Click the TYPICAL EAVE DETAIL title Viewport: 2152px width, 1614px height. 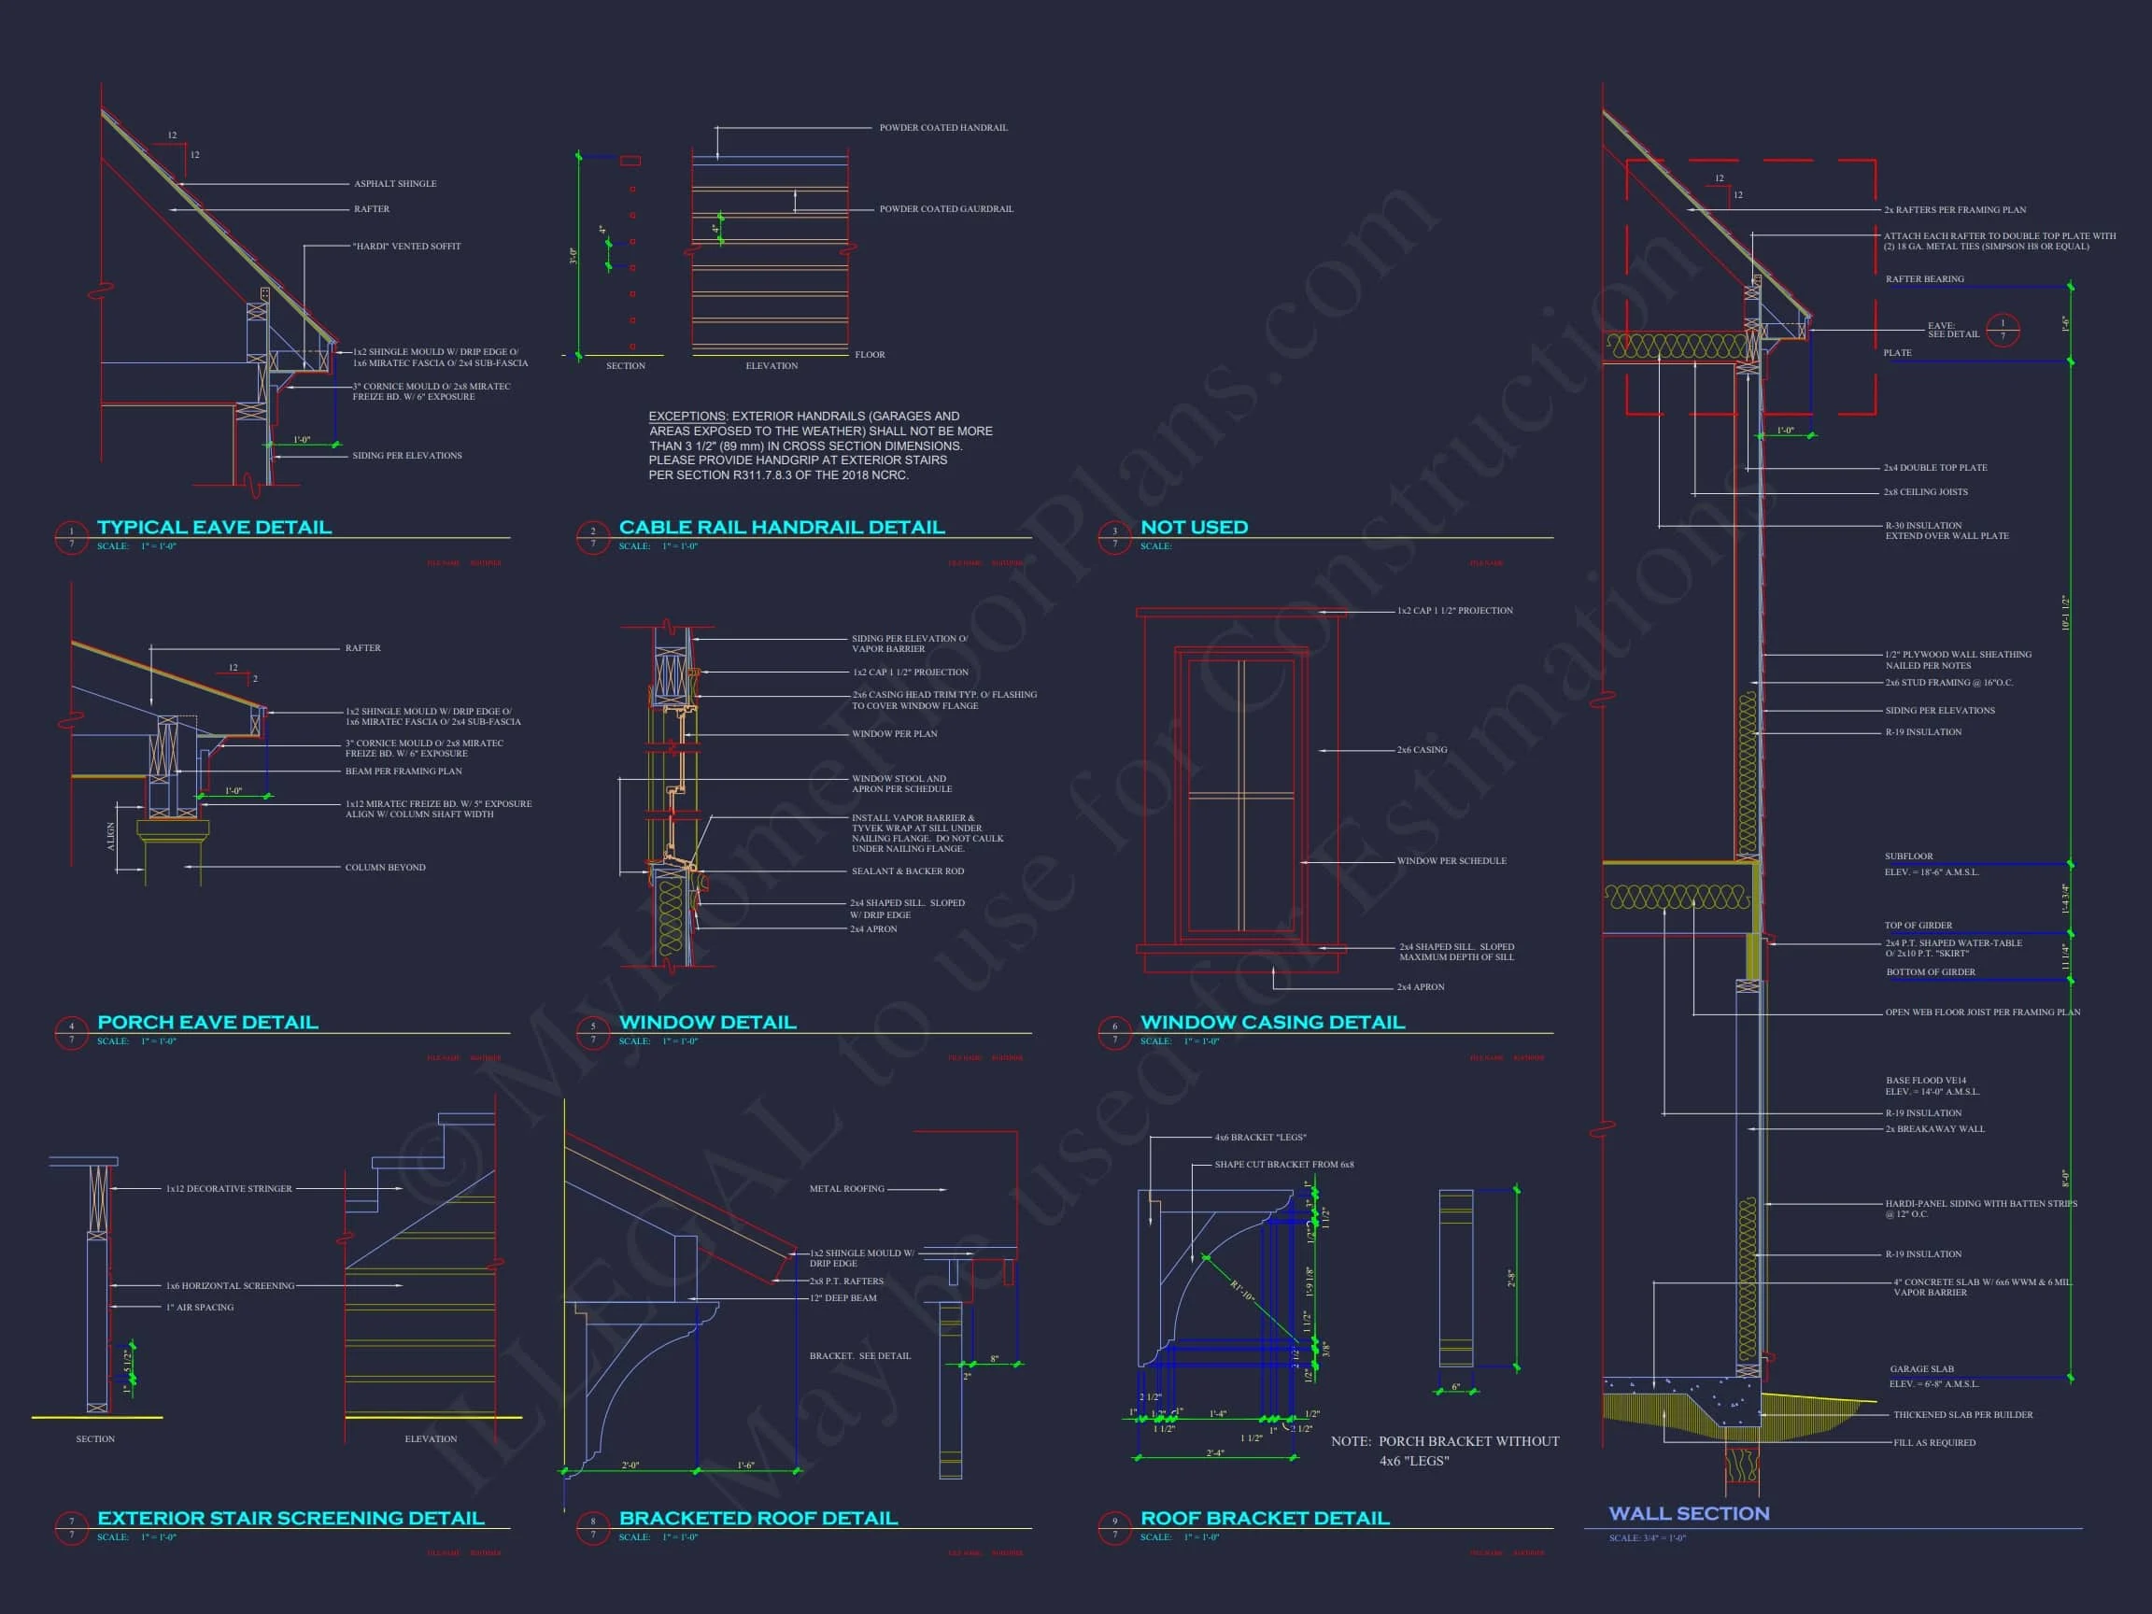click(214, 528)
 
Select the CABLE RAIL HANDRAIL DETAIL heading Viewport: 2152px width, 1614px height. click(781, 528)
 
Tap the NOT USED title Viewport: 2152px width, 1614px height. click(1194, 528)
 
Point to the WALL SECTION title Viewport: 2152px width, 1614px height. click(1689, 1514)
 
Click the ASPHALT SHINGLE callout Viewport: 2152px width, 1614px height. click(395, 184)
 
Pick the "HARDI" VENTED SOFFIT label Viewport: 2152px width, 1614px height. click(406, 247)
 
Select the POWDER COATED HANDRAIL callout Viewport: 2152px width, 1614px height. click(942, 127)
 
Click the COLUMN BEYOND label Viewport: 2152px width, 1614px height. click(385, 868)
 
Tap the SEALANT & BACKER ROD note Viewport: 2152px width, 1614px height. click(908, 871)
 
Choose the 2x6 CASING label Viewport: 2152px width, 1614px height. click(1422, 750)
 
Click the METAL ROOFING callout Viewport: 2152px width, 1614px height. click(846, 1189)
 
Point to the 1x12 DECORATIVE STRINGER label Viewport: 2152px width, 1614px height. click(229, 1189)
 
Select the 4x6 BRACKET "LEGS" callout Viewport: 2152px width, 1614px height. click(1260, 1138)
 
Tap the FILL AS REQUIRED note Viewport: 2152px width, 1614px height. click(1934, 1443)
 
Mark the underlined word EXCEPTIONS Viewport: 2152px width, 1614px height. click(687, 417)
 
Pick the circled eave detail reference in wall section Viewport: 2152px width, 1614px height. click(2003, 330)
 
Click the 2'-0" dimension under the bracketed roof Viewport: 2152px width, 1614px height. click(630, 1465)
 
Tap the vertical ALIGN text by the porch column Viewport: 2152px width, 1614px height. click(110, 836)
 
